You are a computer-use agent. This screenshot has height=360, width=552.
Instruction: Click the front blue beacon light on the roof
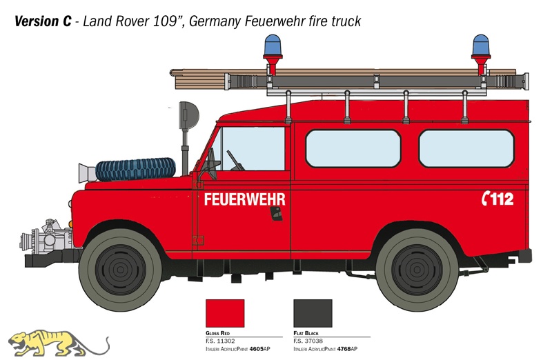pos(273,45)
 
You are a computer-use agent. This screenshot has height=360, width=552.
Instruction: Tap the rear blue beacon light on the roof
pos(481,45)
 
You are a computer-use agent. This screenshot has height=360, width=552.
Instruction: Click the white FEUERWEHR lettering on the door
pos(245,199)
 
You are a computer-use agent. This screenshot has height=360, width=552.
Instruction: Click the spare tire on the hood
pos(135,169)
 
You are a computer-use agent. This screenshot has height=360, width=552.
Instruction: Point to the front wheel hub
pos(120,270)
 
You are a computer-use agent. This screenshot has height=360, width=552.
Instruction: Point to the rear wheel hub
pos(417,270)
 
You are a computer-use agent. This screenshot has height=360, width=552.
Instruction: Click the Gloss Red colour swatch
pos(225,314)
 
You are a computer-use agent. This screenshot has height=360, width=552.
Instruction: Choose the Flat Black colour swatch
pos(313,314)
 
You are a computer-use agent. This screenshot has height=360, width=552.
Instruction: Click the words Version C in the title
pos(43,21)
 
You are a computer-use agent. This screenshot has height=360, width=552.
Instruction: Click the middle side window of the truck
pos(353,148)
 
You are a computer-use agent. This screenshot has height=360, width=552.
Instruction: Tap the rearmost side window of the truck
pos(466,148)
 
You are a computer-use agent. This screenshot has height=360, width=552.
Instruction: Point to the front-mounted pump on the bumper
pos(46,237)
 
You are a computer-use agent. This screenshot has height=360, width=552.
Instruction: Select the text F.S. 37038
pos(308,341)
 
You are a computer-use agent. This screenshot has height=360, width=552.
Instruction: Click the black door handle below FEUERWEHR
pos(277,214)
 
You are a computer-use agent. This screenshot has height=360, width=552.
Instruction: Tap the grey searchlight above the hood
pos(188,115)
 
